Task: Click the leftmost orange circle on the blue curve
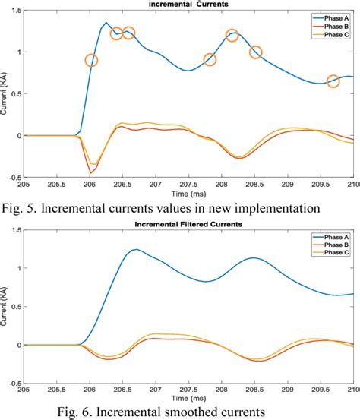pos(91,61)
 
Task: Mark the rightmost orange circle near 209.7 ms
pos(333,81)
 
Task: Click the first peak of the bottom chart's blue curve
pos(136,249)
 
